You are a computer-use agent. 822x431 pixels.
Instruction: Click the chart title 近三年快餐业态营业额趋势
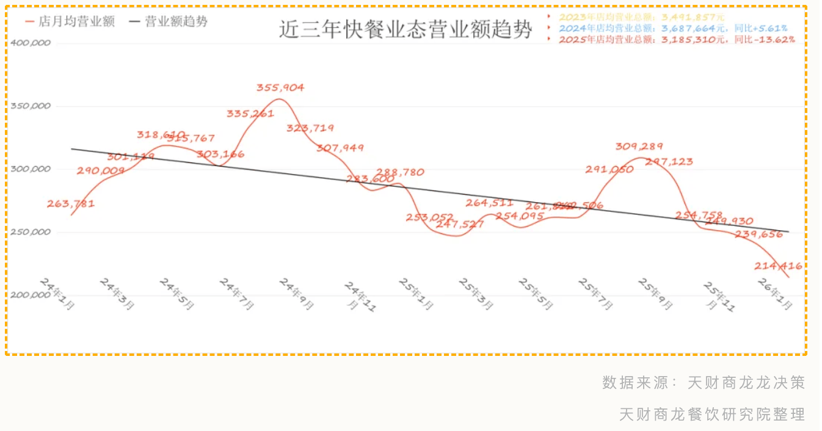click(x=406, y=29)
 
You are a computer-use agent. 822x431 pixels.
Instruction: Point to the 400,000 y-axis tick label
click(x=31, y=43)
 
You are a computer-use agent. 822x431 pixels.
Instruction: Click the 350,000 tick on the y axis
click(x=31, y=106)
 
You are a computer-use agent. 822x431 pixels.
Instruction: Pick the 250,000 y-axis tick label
click(x=31, y=232)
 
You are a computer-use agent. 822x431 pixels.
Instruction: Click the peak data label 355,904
click(x=280, y=87)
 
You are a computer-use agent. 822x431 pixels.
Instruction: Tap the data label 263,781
click(x=71, y=204)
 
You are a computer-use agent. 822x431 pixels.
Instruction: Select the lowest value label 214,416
click(x=778, y=266)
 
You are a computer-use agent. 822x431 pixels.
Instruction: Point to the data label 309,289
click(x=639, y=147)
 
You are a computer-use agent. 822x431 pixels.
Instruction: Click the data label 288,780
click(x=400, y=172)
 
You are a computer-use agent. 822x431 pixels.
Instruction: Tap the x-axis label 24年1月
click(x=57, y=294)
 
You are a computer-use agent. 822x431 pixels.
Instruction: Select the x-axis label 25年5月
click(x=536, y=294)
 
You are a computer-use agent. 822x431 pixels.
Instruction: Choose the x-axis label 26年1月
click(x=775, y=294)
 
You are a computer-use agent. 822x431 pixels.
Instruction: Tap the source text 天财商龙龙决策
click(x=746, y=383)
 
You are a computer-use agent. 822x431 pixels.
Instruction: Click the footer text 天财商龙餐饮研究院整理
click(x=712, y=415)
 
